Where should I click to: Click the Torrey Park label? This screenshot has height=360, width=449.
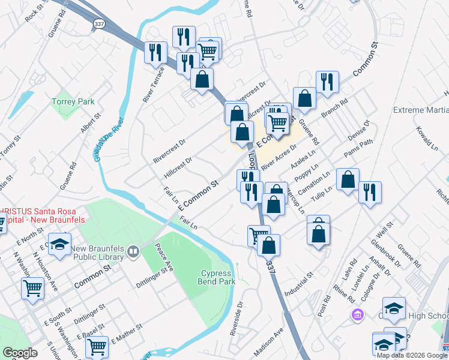point(73,102)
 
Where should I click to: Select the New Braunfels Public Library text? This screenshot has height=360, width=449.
point(97,253)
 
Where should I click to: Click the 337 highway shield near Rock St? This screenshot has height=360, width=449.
point(99,22)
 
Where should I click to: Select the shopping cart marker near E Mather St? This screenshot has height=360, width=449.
point(97,346)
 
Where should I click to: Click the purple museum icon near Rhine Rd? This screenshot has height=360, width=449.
point(358,314)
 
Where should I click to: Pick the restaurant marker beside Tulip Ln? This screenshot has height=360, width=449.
point(370,192)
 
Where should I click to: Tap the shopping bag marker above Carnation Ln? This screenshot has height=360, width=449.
point(348,179)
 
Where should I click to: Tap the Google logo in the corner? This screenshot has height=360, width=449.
point(20,353)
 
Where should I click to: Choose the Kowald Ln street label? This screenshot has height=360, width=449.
point(427,138)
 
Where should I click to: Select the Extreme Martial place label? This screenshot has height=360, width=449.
point(420,110)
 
